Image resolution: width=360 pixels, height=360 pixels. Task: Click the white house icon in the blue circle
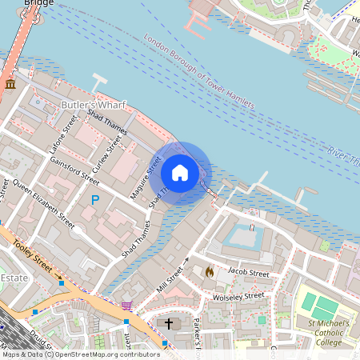click(x=180, y=173)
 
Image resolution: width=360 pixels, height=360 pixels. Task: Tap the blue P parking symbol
click(x=95, y=199)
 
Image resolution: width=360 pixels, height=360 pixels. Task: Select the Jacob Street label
click(x=248, y=274)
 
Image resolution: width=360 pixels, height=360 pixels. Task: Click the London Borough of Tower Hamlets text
click(x=200, y=72)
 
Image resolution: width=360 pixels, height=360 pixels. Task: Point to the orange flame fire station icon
click(x=210, y=272)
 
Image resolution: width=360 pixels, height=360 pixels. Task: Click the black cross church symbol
click(x=169, y=324)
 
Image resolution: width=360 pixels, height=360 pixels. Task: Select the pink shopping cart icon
click(x=126, y=306)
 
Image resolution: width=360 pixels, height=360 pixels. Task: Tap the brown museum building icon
click(x=10, y=84)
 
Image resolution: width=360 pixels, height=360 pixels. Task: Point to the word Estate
click(x=14, y=277)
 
